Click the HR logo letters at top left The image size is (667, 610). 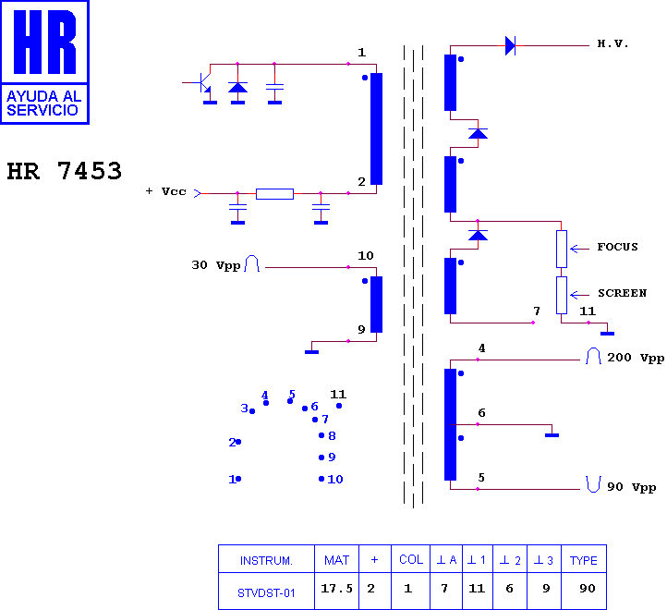[44, 42]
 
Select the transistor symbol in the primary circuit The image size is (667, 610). [202, 82]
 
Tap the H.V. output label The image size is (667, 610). [612, 43]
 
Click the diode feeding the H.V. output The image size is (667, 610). [510, 45]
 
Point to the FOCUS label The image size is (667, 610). [617, 247]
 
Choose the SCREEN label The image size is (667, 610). [622, 293]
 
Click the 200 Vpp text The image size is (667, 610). [636, 358]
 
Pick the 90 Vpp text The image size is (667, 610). [631, 487]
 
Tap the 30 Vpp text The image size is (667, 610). [216, 265]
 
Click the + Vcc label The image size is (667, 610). [166, 191]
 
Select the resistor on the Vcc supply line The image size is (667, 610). [274, 194]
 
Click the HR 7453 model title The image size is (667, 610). [65, 171]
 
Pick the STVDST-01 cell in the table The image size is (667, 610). [266, 593]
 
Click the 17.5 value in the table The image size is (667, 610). [336, 589]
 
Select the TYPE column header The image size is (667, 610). [584, 561]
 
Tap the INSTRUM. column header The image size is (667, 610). [266, 561]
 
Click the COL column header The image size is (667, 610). [411, 560]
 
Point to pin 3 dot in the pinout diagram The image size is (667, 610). [252, 411]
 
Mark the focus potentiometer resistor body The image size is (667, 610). [562, 249]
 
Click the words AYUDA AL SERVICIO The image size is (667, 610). [43, 103]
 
